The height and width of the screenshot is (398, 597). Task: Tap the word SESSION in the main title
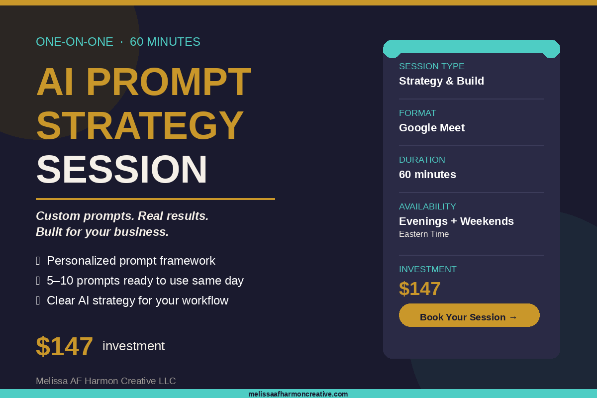coord(122,170)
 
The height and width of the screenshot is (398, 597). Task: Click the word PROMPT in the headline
coord(169,82)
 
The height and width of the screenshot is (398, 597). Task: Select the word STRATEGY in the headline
coord(140,126)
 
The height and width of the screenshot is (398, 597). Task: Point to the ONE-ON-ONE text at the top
coord(75,42)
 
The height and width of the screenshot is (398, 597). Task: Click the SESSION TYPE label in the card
coord(431,66)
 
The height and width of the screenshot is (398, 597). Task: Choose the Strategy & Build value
coord(441,81)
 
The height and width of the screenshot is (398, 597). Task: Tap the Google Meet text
coord(431,128)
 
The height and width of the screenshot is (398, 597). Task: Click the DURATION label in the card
coord(422,160)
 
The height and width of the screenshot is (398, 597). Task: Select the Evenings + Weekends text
coord(456,221)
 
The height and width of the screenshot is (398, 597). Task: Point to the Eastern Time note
coord(424,234)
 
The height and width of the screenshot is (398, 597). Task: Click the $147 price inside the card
coord(419,289)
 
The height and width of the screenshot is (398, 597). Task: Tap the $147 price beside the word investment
coord(64,346)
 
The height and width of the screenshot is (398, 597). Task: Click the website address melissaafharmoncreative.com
coord(298,394)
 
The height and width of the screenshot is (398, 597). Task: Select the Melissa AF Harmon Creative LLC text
coord(105,381)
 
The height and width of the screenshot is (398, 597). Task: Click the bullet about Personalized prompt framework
coord(131,261)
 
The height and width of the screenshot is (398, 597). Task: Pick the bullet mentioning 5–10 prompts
coord(145,281)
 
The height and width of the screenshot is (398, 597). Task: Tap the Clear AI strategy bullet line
coord(137,300)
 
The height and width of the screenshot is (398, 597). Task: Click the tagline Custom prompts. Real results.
coord(122,216)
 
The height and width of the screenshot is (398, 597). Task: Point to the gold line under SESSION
coord(155,199)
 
